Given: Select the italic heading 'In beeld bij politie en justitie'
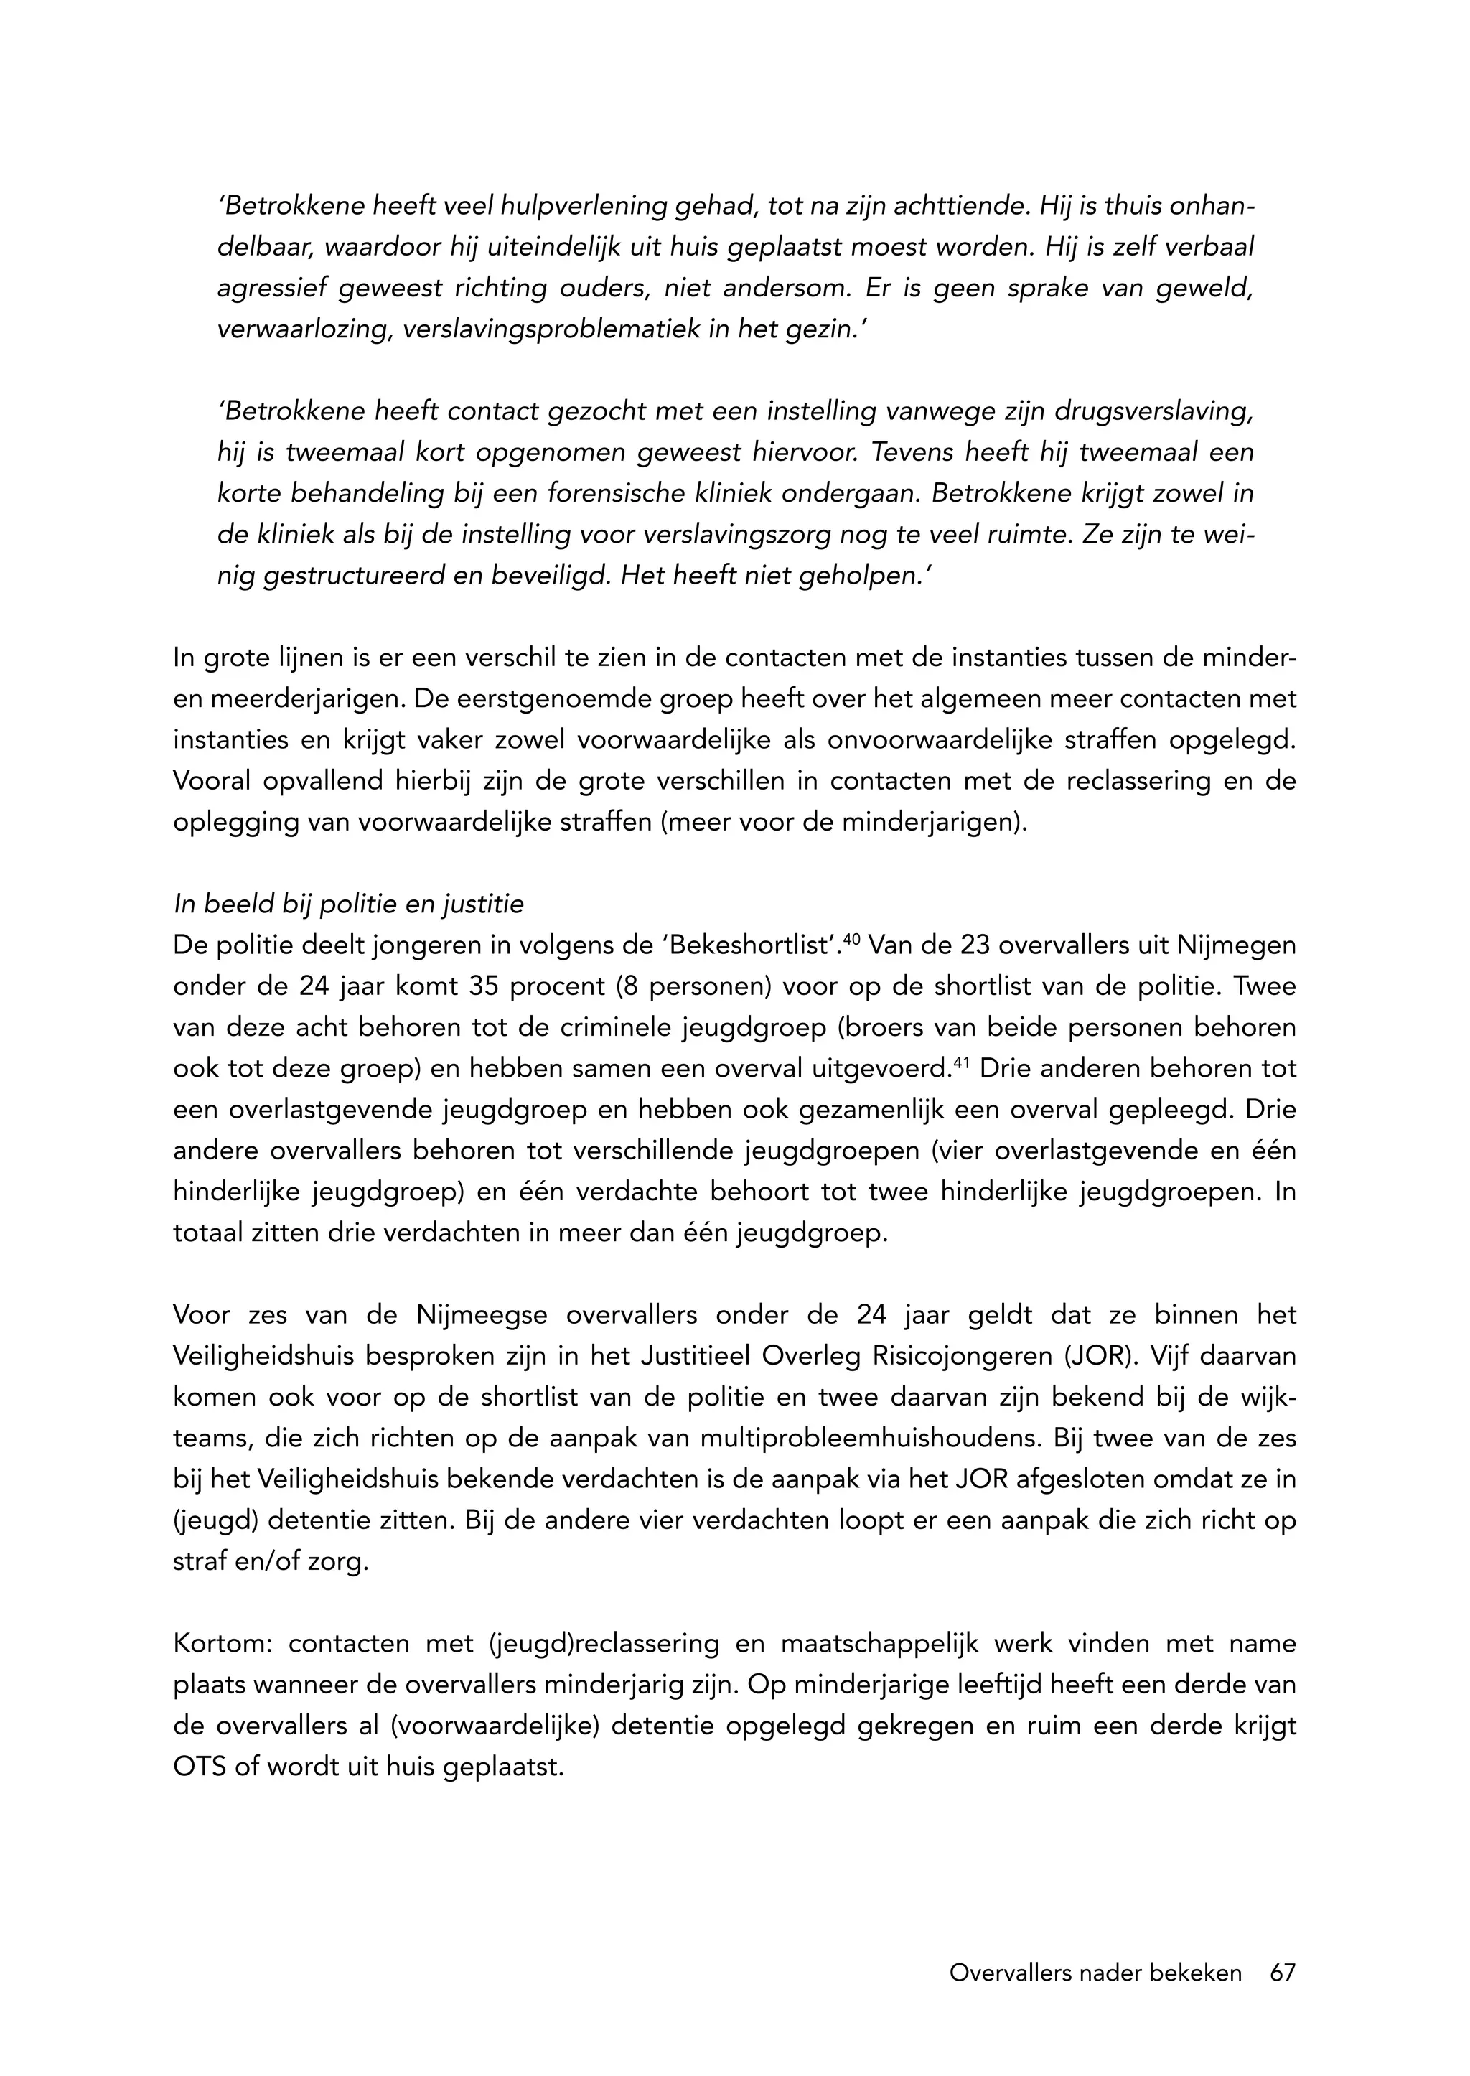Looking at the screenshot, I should pyautogui.click(x=349, y=904).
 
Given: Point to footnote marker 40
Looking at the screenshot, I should pyautogui.click(x=850, y=939).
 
